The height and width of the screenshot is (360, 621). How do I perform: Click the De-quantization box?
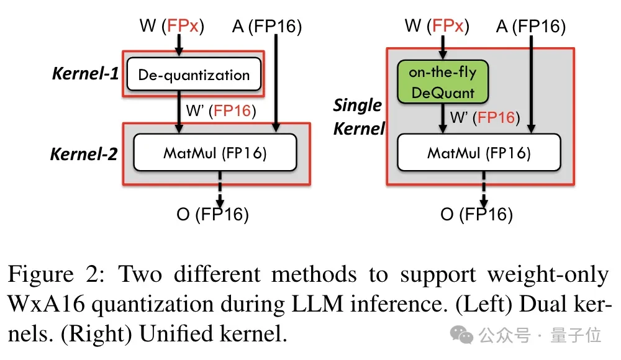click(193, 75)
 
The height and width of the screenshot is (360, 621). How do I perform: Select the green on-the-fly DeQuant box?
click(442, 83)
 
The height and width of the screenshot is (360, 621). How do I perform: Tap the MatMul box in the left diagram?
click(215, 153)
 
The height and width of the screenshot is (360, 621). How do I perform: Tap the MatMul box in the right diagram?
click(479, 153)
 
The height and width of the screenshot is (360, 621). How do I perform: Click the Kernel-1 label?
click(85, 73)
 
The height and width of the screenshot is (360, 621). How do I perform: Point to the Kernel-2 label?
click(84, 154)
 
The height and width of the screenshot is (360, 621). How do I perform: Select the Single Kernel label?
click(358, 116)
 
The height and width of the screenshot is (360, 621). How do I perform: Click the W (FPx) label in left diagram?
click(172, 26)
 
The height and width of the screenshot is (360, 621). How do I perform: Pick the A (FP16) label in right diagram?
click(531, 26)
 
